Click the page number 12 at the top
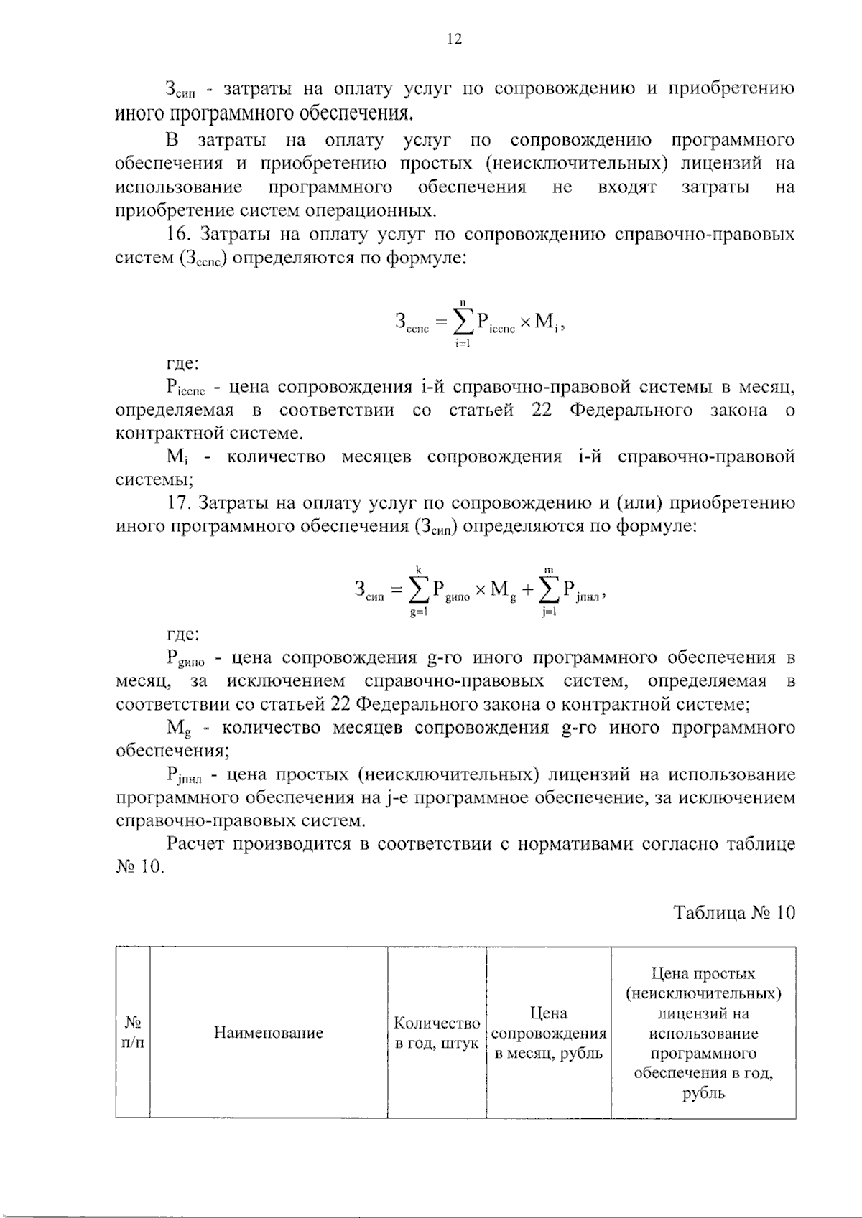coord(453,39)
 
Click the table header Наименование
coord(269,1033)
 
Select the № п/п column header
coord(133,1032)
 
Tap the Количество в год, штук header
coord(437,1033)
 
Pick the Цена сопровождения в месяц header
coord(549,1033)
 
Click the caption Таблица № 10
coord(734,912)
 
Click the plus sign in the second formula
coord(528,591)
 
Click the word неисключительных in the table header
coord(703,993)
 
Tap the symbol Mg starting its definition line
coord(179,729)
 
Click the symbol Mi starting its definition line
coord(177,457)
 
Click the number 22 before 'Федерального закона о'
coord(542,411)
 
